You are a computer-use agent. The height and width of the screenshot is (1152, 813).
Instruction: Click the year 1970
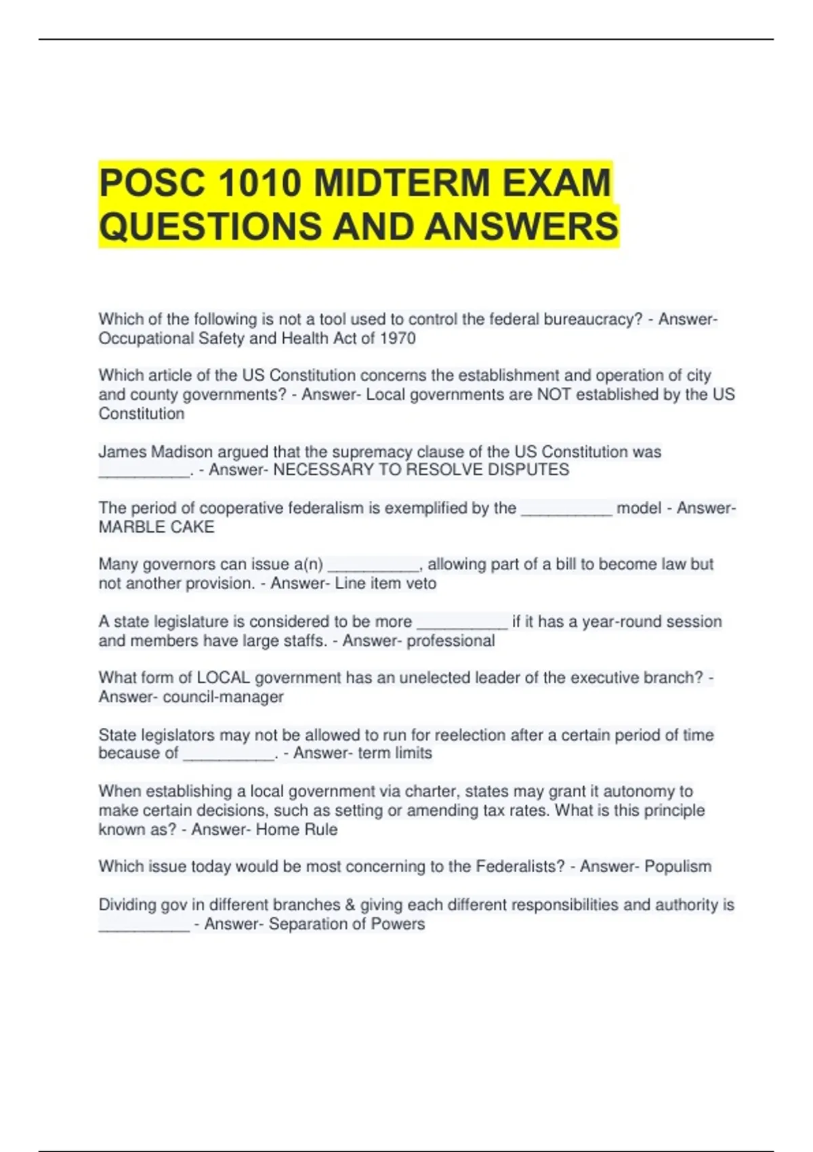pyautogui.click(x=398, y=338)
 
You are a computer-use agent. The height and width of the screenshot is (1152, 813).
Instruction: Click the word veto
pyautogui.click(x=421, y=583)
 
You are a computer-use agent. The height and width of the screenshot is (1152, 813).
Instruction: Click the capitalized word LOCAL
pyautogui.click(x=223, y=678)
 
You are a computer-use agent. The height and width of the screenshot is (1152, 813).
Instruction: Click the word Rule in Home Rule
pyautogui.click(x=321, y=829)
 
